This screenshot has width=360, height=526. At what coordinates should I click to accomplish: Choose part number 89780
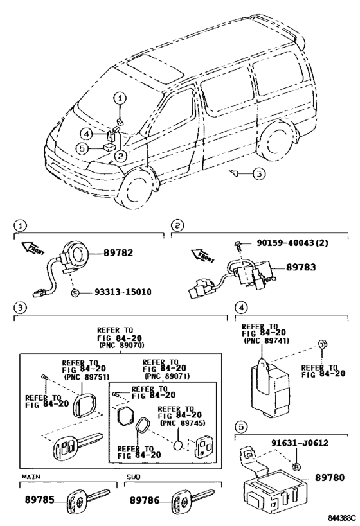330,478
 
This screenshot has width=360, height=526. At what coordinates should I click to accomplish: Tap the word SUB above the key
132,478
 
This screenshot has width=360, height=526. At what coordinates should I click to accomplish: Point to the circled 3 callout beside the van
257,173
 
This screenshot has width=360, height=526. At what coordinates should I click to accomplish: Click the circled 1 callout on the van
121,98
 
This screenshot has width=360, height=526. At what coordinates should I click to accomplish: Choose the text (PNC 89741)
260,341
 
